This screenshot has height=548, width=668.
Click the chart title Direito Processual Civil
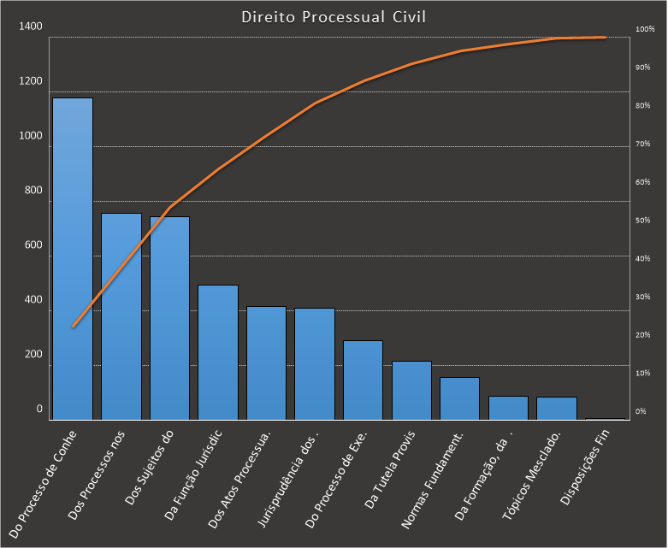334,17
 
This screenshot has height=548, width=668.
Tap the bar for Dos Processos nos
121,316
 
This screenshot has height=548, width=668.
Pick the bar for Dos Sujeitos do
169,318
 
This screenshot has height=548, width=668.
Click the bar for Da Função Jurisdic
218,352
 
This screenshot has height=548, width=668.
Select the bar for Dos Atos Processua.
266,362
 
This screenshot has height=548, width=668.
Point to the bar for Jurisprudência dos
315,363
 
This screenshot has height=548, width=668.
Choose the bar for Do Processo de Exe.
363,380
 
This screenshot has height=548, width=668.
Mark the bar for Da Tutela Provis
411,390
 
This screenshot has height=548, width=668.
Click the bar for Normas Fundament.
459,398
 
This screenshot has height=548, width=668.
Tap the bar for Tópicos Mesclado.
557,408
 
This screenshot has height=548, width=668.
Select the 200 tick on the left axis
32,355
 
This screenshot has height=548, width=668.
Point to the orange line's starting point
74,327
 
